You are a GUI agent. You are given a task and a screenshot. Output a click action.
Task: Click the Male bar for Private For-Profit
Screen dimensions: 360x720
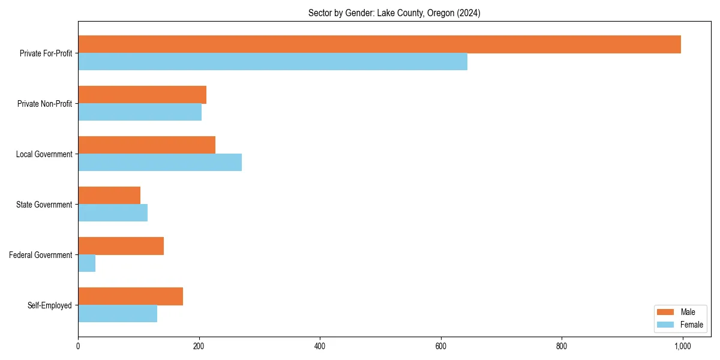coord(379,44)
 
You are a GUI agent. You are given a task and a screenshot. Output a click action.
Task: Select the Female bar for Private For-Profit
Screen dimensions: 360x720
coord(272,62)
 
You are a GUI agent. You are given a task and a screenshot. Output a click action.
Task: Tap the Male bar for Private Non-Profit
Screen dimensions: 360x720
coord(142,95)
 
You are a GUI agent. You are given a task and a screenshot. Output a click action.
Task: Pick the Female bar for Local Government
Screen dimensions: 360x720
coord(160,163)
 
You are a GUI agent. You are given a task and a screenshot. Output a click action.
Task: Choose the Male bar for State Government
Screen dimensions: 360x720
coord(109,196)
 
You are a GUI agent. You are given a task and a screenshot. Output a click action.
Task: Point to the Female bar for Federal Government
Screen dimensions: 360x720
coord(86,263)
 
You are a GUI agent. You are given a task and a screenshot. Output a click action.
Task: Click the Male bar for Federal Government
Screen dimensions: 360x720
coord(121,246)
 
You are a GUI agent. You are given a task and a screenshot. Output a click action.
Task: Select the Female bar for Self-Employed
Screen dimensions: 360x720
coord(118,314)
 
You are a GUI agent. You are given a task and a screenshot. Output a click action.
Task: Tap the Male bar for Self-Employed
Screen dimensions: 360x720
coord(130,296)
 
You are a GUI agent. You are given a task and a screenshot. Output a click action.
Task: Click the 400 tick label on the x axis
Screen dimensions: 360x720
coord(320,346)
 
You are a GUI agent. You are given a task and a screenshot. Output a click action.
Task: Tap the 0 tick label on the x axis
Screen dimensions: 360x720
coord(78,346)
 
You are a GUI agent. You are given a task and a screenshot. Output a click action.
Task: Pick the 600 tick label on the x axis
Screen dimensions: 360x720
coord(440,346)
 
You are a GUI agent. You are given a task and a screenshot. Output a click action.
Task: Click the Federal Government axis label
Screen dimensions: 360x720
coord(41,255)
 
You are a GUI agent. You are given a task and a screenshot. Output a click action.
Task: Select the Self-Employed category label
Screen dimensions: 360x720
coord(50,305)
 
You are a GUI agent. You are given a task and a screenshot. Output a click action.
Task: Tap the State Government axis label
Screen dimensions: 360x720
coord(44,205)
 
